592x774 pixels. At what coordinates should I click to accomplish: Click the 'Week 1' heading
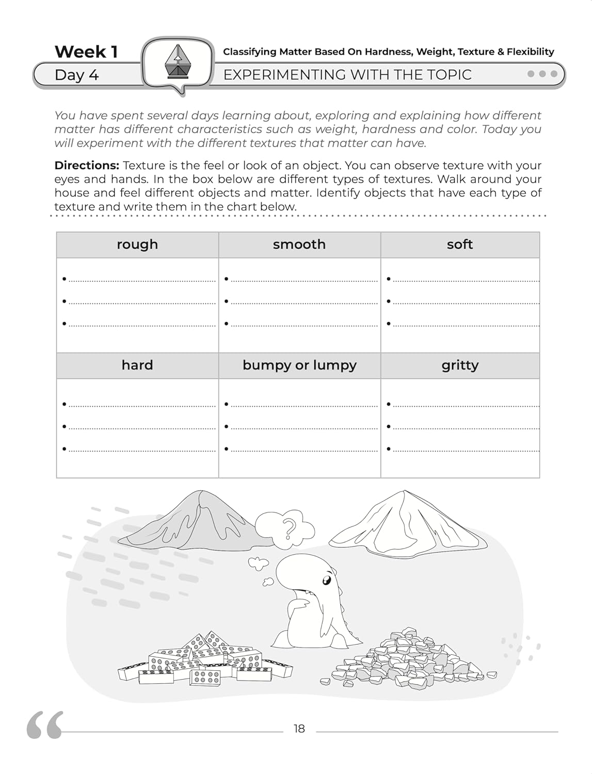coord(86,52)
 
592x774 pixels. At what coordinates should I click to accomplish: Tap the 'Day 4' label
coord(76,75)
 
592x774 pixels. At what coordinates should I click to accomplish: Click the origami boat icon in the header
coord(178,62)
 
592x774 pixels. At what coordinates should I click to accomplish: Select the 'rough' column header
coord(137,244)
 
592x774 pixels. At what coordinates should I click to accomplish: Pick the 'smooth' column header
coord(299,244)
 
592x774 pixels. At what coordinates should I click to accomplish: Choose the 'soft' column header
coord(460,244)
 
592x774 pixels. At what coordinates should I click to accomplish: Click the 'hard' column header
coord(137,365)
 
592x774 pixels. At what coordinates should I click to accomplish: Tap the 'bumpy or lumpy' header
coord(299,365)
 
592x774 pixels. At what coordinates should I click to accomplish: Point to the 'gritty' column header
coord(460,365)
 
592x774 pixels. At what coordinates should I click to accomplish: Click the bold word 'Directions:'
coord(87,166)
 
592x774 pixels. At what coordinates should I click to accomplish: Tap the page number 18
coord(299,729)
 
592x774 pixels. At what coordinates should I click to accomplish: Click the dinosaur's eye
coord(326,580)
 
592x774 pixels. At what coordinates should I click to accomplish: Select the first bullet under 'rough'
coord(65,279)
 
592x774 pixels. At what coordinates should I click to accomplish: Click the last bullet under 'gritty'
coord(389,449)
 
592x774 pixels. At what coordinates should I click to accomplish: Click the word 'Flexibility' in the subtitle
coord(530,52)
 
